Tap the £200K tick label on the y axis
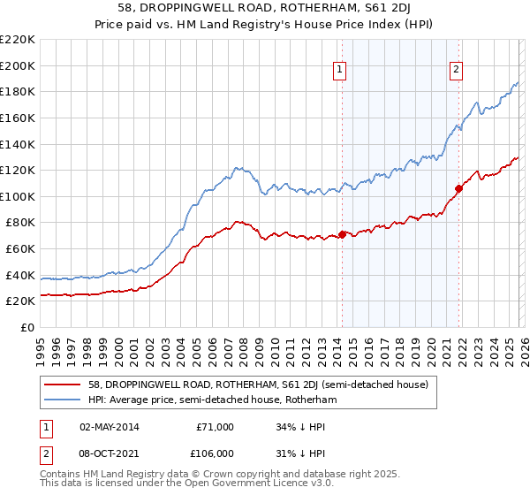(18, 65)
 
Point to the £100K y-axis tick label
(18, 196)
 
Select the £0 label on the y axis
(27, 327)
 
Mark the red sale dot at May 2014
(342, 234)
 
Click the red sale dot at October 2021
(458, 188)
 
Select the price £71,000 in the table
(215, 426)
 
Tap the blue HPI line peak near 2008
(237, 166)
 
